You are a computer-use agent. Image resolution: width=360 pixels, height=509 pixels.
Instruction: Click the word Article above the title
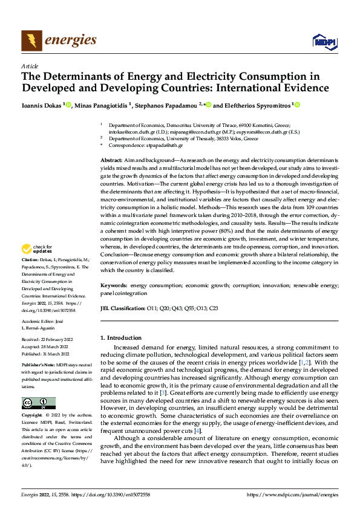[x=30, y=66]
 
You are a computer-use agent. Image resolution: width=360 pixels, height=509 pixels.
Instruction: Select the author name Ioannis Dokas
[x=42, y=106]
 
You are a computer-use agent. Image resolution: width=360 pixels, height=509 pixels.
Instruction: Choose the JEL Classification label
[x=122, y=308]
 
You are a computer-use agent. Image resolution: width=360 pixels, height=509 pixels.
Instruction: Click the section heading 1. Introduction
[x=121, y=338]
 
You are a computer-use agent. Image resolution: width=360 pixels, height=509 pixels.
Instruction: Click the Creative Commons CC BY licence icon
[x=38, y=386]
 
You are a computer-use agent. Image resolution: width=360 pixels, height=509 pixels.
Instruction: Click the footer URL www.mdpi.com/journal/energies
[x=292, y=494]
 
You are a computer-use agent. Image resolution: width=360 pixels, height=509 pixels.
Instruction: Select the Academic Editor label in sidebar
[x=39, y=322]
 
